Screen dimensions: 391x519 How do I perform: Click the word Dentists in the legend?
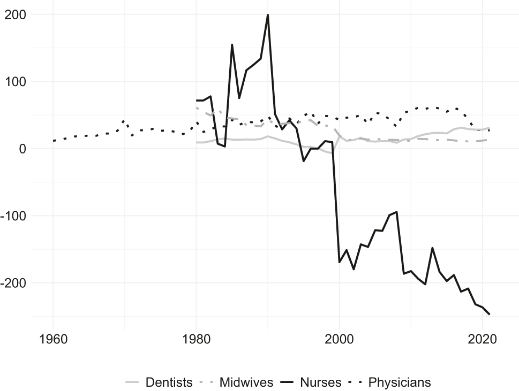[x=169, y=382]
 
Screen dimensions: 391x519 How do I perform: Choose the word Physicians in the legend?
[x=400, y=382]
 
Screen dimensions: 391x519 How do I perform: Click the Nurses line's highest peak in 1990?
[x=268, y=15]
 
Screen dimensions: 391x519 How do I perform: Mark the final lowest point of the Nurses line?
[x=490, y=314]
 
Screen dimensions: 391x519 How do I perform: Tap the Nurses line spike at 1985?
[x=232, y=45]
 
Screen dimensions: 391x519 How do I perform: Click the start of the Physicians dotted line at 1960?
[x=54, y=141]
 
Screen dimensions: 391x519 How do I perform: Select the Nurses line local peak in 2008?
[x=396, y=212]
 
